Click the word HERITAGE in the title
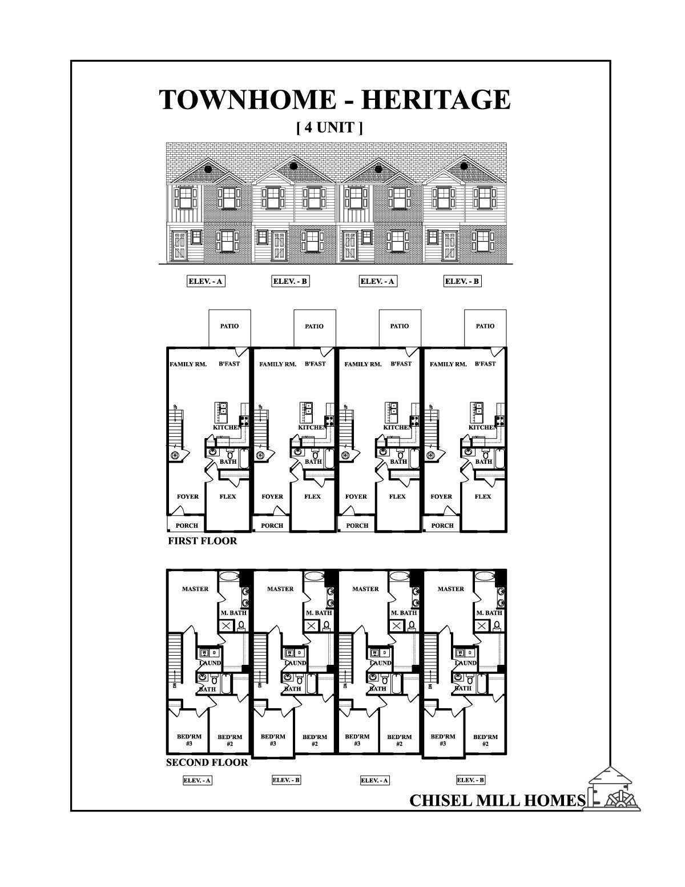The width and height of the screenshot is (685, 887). pos(436,100)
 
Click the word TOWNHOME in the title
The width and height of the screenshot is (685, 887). pos(247,100)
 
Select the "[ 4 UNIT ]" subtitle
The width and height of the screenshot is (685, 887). pos(329,127)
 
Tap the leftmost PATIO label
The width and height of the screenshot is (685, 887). pos(229,326)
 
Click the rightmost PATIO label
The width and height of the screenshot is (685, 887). pos(485,326)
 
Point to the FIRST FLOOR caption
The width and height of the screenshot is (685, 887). pos(202,540)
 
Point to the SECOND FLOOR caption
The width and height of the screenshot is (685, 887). pos(207,762)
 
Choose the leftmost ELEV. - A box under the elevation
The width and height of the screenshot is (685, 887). pos(205,282)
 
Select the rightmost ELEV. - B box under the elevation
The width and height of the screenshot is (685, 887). pos(462,282)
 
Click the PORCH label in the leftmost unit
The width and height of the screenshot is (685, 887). pos(187,525)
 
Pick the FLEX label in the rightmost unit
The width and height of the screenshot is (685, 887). pos(483,496)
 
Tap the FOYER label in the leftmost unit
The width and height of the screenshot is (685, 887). pos(187,496)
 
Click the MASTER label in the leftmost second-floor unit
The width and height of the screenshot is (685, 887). pos(195,589)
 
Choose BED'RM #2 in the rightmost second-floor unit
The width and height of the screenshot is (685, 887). pos(485,740)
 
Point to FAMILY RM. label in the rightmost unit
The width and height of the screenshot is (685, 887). pos(448,364)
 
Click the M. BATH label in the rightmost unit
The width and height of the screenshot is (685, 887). pos(490,613)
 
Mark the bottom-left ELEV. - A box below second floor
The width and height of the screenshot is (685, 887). pos(198,780)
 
